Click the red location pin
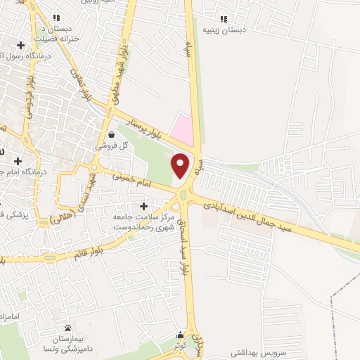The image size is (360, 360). pos(181,165)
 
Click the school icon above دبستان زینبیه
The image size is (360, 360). pos(224,19)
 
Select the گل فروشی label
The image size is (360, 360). pos(114,145)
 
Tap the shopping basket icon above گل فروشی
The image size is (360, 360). pos(112,134)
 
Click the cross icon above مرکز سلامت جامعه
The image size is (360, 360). pos(145,207)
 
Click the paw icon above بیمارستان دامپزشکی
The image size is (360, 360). pos(68,328)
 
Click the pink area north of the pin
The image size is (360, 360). pos(184,127)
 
